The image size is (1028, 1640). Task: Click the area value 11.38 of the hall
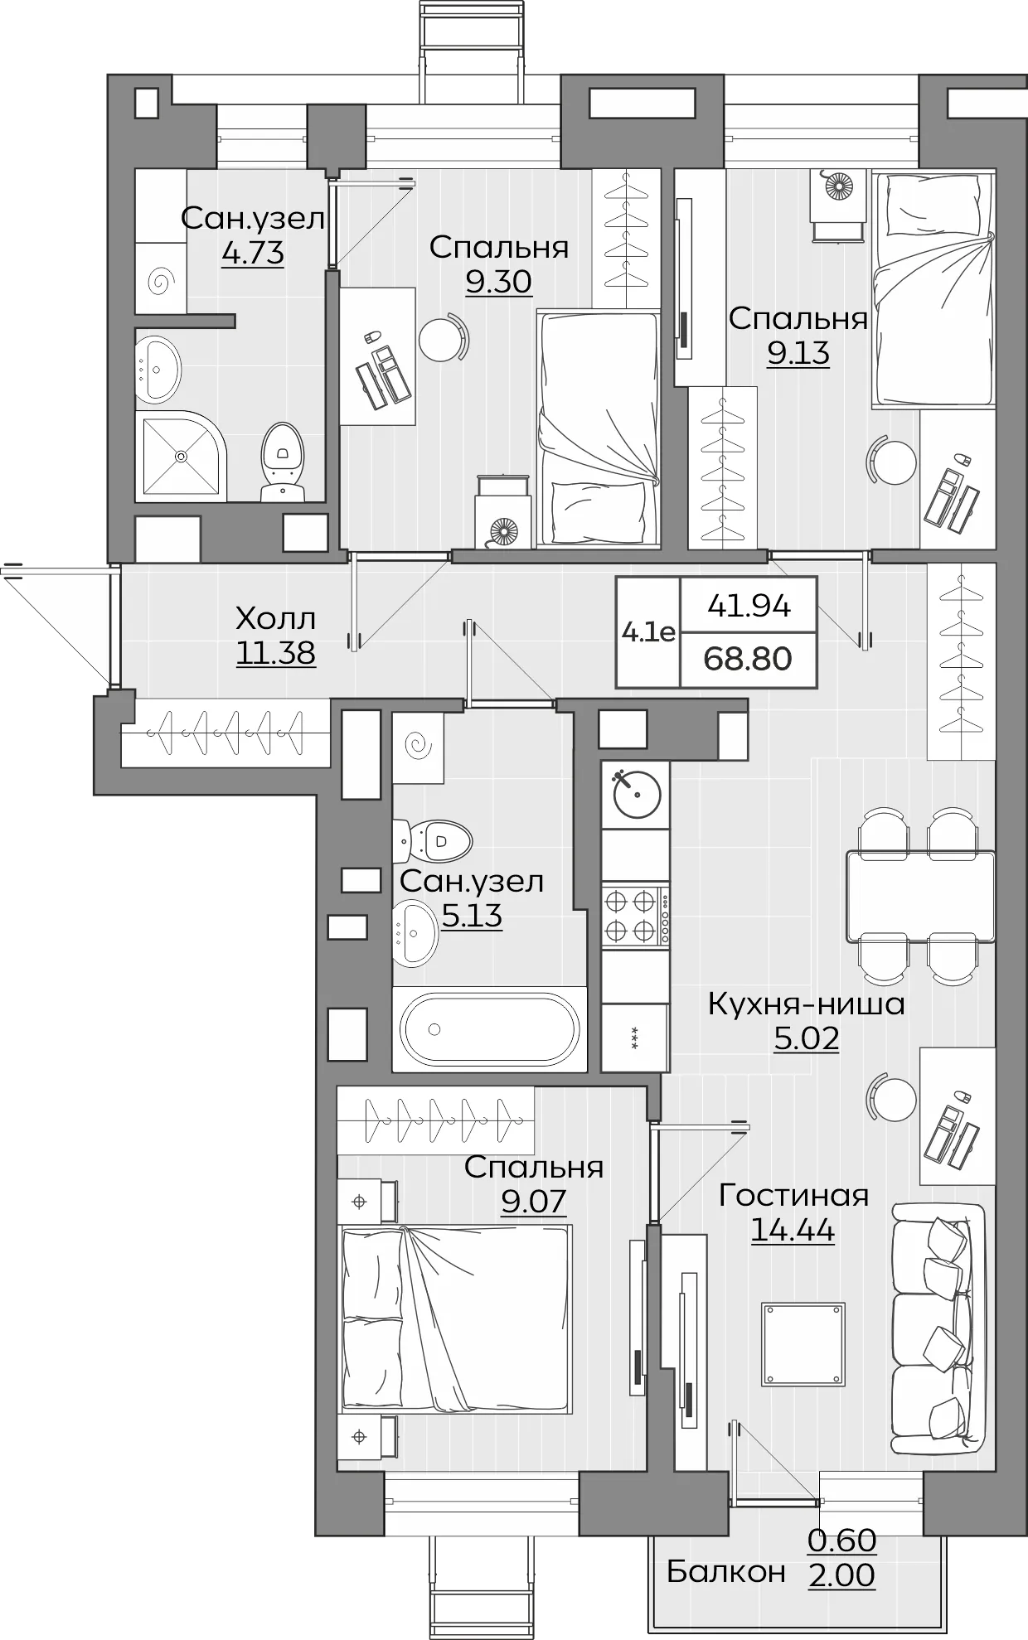(x=276, y=653)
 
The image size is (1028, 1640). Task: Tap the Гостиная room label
(x=793, y=1195)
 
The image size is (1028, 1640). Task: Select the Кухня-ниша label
(x=806, y=1004)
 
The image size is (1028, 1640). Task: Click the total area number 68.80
(x=748, y=659)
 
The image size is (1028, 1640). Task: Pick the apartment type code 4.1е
(x=648, y=633)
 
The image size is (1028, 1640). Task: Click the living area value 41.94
(x=749, y=606)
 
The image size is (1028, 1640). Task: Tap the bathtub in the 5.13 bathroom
(x=489, y=1029)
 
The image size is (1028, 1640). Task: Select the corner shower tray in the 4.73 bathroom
(x=181, y=455)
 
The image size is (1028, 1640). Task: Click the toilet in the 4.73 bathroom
(x=283, y=462)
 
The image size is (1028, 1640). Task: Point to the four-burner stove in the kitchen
(x=635, y=916)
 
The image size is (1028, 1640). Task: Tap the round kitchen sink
(x=636, y=795)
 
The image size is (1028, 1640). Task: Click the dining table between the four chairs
(x=920, y=896)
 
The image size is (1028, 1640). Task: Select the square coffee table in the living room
(x=803, y=1343)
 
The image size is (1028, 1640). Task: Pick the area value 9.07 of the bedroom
(x=533, y=1200)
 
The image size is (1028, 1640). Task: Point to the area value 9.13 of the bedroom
(x=798, y=353)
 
